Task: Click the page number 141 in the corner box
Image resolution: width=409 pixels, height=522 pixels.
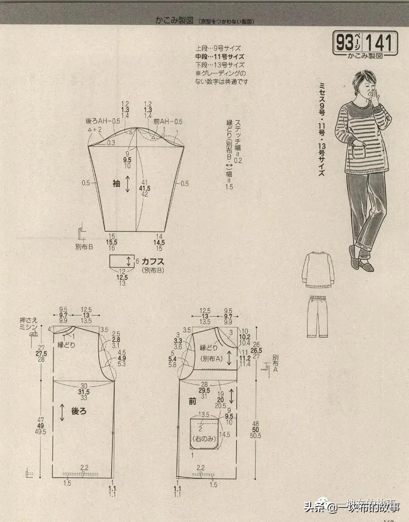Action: tap(380, 43)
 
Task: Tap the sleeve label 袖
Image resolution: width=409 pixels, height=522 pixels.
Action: tap(116, 184)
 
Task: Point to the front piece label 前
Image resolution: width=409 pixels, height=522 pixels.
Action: tap(193, 402)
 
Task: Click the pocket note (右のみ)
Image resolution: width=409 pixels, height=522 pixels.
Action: tap(204, 439)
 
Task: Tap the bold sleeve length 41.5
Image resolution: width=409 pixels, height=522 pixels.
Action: tap(145, 188)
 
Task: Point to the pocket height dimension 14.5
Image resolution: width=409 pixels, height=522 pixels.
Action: tap(225, 435)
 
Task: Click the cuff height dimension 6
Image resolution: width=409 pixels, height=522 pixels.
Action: tap(137, 261)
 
